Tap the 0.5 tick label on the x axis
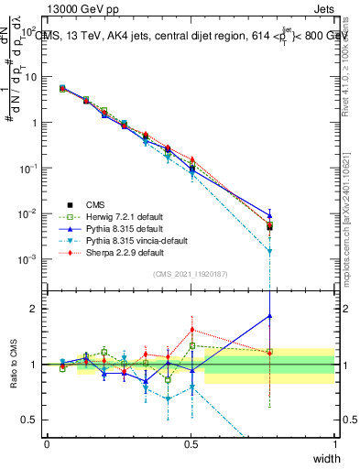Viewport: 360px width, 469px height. tap(191, 443)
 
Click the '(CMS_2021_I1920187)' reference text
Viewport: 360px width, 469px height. tap(191, 274)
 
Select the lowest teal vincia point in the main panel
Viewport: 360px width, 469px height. tap(269, 251)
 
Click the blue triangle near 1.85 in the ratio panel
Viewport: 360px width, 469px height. tap(269, 316)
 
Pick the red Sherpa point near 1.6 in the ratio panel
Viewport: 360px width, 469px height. tap(191, 330)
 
